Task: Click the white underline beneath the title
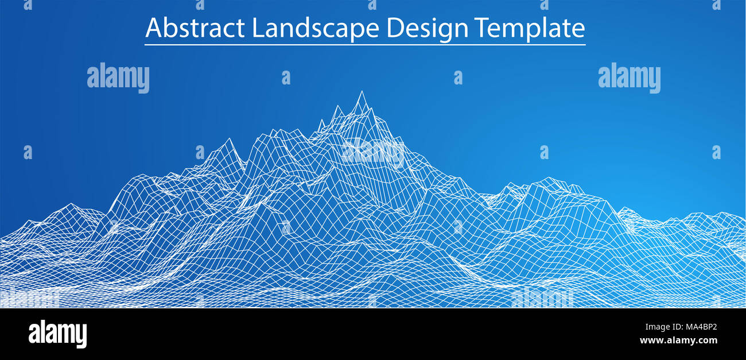[x=365, y=44]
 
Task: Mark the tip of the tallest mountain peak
[x=361, y=92]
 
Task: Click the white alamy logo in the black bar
[x=57, y=334]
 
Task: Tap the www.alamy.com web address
[x=678, y=340]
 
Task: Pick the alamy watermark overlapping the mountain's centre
[x=373, y=152]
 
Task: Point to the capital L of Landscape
[x=257, y=28]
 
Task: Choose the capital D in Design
[x=395, y=28]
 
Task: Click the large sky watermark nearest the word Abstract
[x=118, y=78]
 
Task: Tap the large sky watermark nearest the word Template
[x=629, y=78]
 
